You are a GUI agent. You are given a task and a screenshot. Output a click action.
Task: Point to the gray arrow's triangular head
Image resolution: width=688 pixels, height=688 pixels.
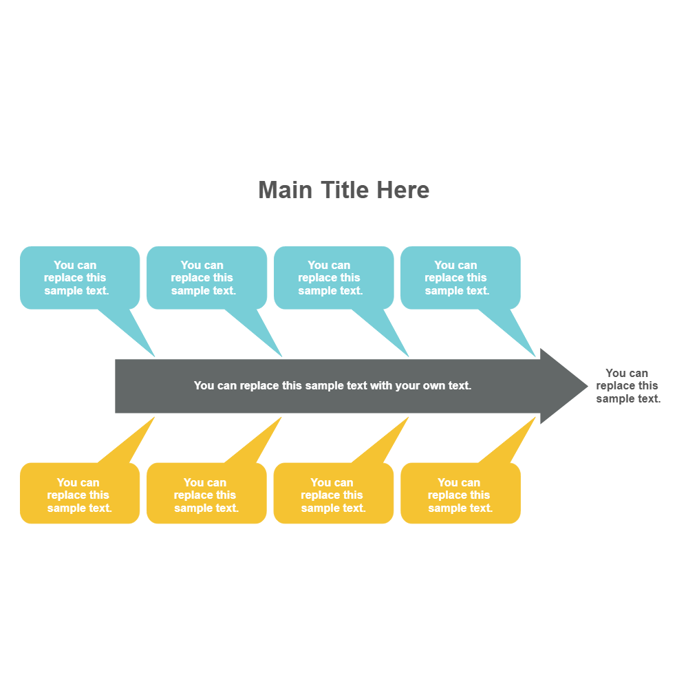(x=561, y=386)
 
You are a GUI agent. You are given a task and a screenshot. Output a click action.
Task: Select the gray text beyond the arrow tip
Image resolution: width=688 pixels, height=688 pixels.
(x=627, y=386)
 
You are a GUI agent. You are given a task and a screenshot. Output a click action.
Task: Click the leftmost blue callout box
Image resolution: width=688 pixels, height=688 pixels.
(x=79, y=278)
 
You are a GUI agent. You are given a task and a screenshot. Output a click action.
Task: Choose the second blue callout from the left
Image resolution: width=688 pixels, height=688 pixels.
(x=206, y=278)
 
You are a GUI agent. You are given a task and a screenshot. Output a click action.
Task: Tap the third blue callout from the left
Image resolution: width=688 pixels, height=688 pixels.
(x=334, y=278)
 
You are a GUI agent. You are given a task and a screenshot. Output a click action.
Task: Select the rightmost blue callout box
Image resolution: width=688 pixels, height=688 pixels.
(x=460, y=278)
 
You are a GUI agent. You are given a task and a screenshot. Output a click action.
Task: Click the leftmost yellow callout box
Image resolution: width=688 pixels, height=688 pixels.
(x=79, y=495)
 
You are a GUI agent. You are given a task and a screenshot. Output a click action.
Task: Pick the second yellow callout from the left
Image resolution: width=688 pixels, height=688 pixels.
(x=206, y=495)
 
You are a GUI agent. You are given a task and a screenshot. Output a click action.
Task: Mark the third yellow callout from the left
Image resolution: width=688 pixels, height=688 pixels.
(x=334, y=495)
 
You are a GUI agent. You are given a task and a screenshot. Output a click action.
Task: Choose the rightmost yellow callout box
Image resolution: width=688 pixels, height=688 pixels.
(x=460, y=495)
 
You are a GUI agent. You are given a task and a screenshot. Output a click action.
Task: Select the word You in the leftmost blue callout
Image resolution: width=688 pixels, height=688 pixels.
(x=64, y=266)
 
